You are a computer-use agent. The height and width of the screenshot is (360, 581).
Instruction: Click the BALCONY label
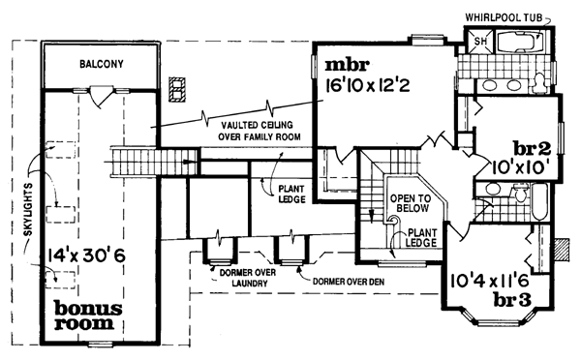tap(101, 63)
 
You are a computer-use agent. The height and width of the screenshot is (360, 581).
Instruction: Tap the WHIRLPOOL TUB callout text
tap(510, 16)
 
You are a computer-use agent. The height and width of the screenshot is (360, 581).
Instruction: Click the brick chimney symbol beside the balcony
tap(175, 90)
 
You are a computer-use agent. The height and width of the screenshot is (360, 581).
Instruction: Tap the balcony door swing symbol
tap(101, 94)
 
